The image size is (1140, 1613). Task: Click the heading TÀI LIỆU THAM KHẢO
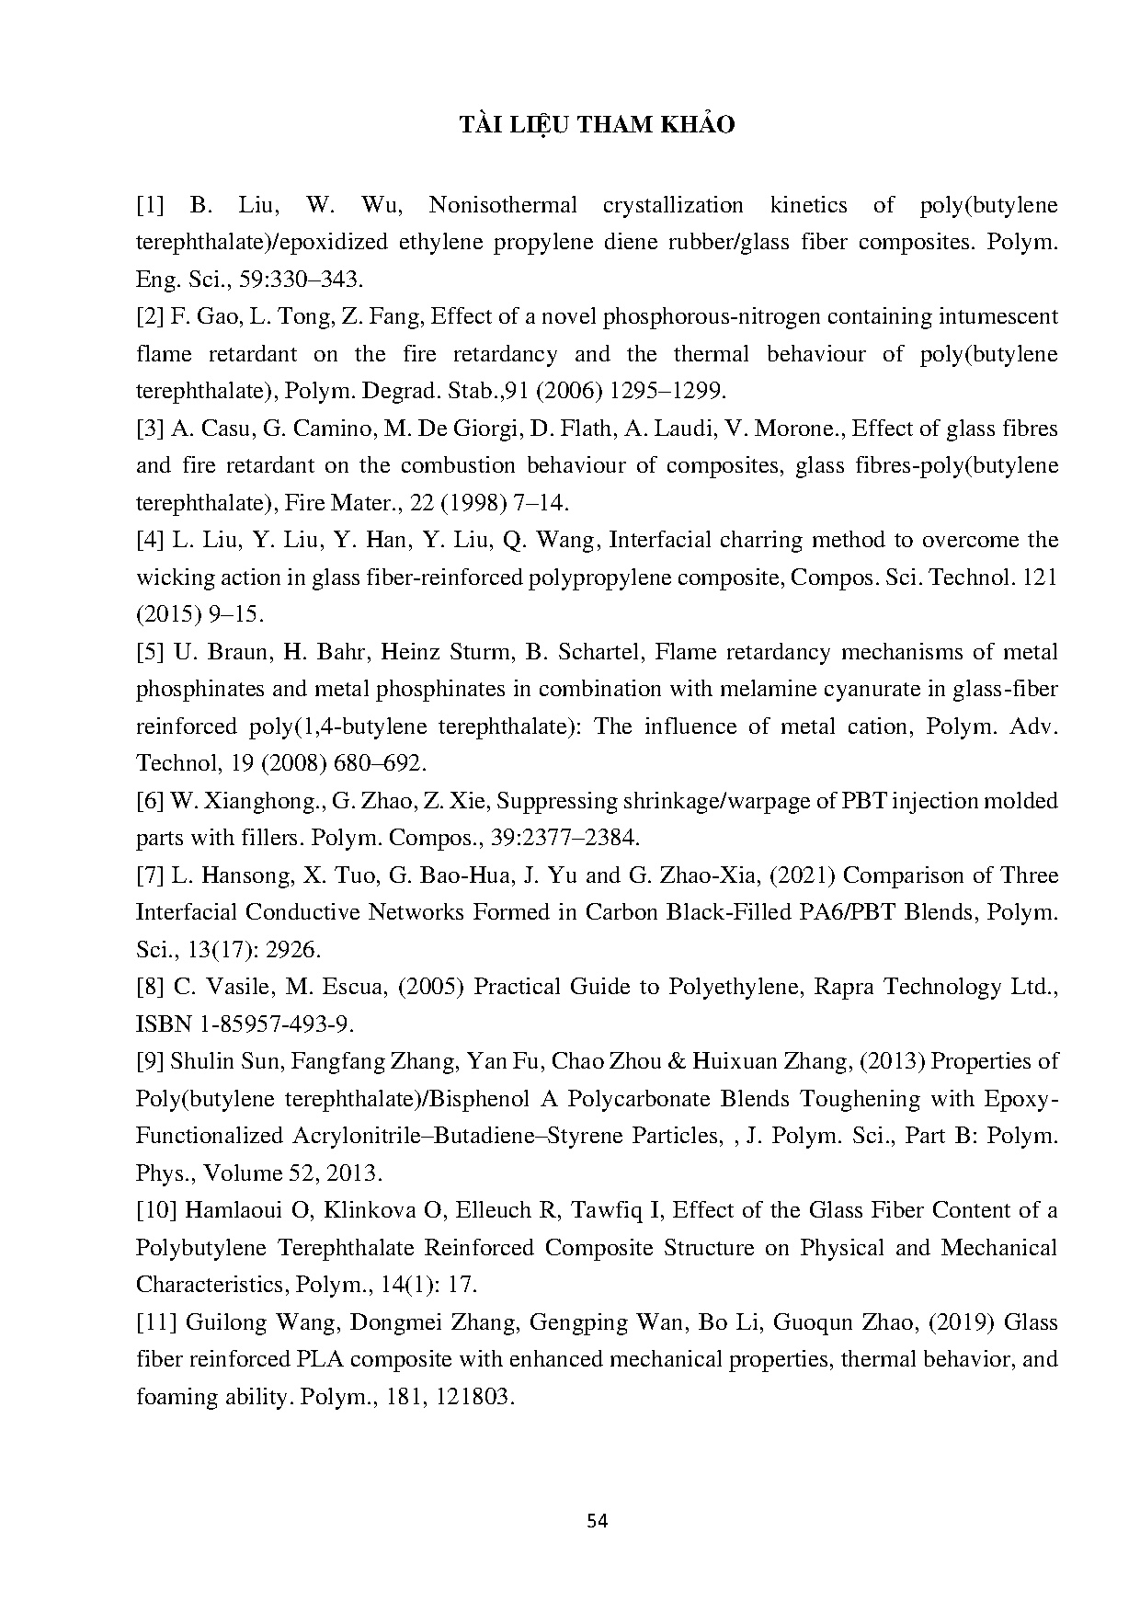597,126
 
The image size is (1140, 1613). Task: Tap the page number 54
597,1520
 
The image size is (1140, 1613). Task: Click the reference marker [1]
150,205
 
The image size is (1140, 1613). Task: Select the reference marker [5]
150,652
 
